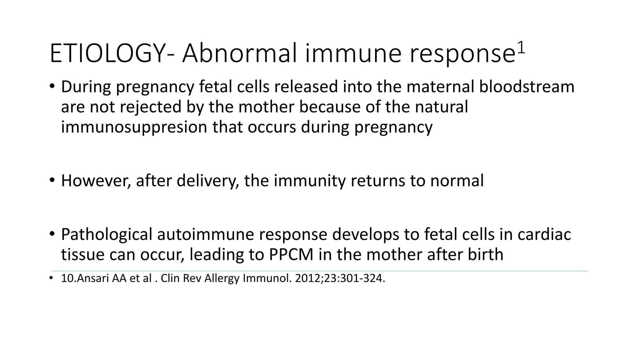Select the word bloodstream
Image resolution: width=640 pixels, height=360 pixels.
coord(527,87)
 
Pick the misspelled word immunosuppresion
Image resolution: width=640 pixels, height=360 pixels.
coord(134,127)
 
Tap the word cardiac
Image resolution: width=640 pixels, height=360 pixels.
coord(544,234)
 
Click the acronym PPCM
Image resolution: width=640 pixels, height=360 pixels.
coord(291,255)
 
